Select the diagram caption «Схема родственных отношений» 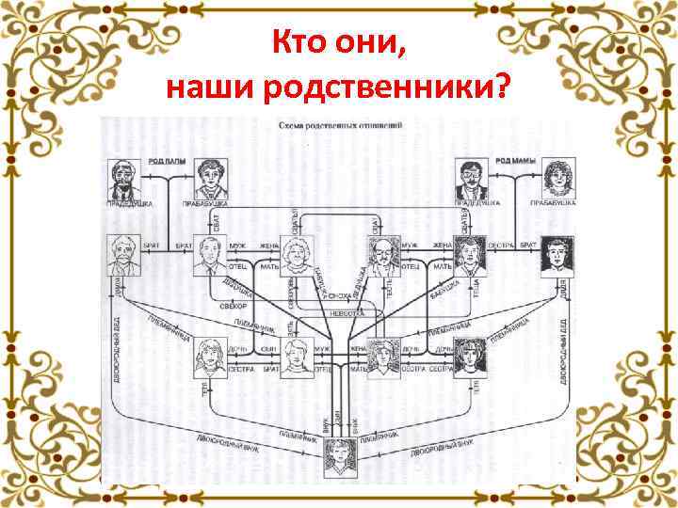[x=339, y=124]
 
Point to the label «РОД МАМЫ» [x=515, y=162]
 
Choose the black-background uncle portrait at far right [x=557, y=256]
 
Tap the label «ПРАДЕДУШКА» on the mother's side [x=476, y=202]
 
